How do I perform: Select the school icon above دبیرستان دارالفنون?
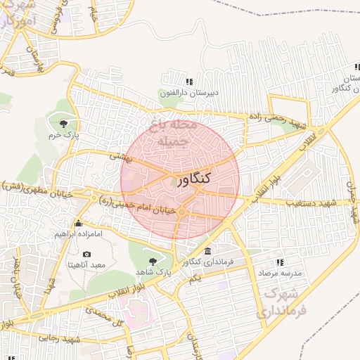pyautogui.click(x=189, y=82)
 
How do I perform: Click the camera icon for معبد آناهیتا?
pyautogui.click(x=86, y=254)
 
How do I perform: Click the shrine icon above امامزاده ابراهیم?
pyautogui.click(x=77, y=223)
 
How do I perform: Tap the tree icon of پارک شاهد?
pyautogui.click(x=153, y=261)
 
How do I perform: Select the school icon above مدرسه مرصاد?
pyautogui.click(x=280, y=262)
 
